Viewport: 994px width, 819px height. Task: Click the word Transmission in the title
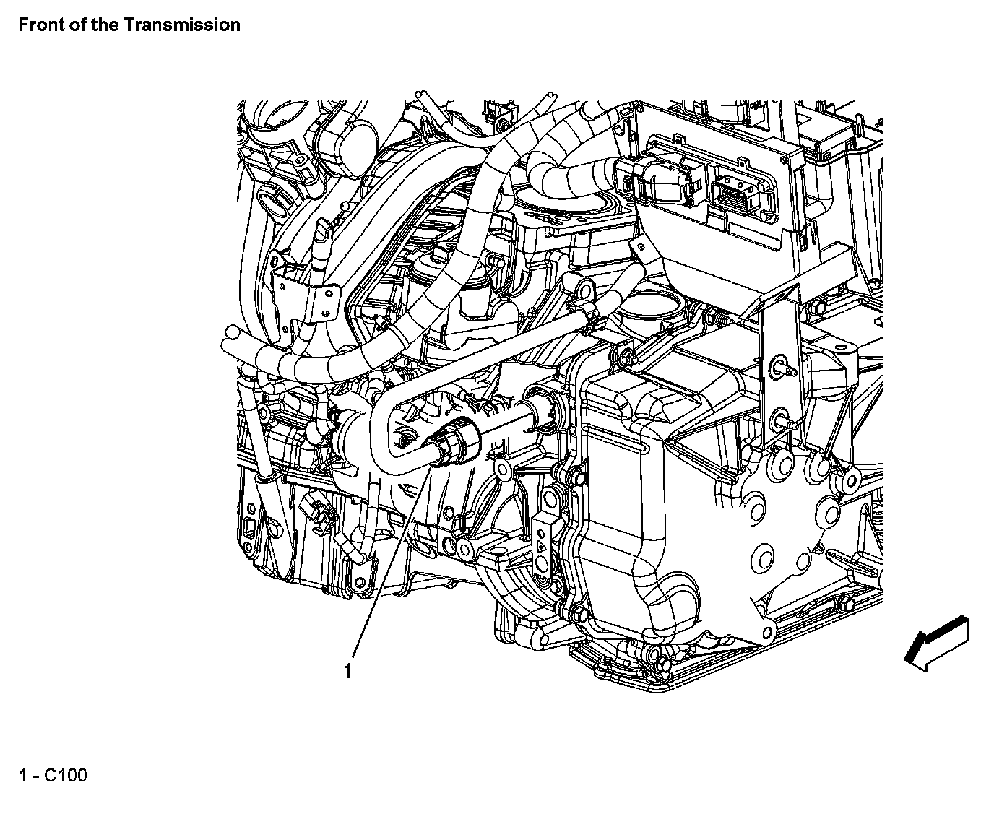[181, 25]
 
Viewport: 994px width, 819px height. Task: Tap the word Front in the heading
[38, 25]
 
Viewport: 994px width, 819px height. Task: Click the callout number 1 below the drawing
[348, 671]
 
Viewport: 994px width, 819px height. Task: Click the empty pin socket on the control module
[735, 194]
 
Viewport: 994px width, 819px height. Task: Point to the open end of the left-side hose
[230, 334]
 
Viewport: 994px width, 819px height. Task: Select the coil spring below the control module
[719, 316]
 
